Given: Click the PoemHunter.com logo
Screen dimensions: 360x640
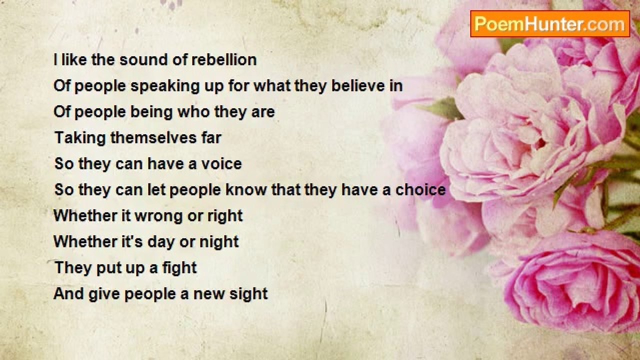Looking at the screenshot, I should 550,23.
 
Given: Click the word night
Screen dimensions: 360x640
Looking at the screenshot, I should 219,242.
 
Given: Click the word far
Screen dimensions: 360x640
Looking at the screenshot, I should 210,138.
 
